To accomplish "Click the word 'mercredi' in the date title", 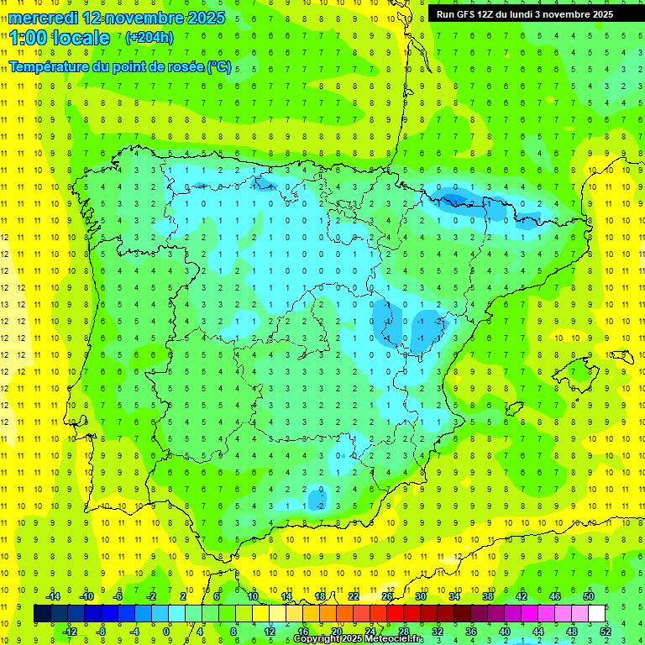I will [x=43, y=17].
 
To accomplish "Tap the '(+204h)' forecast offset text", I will [x=149, y=37].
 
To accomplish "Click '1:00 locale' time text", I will [x=60, y=38].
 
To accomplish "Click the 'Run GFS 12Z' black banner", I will [x=524, y=14].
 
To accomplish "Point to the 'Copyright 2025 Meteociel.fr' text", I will [x=358, y=639].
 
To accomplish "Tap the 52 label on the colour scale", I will [x=606, y=632].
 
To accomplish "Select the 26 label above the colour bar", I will [x=386, y=596].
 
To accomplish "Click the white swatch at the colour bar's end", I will [x=597, y=614].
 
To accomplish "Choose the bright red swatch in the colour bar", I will [x=395, y=614].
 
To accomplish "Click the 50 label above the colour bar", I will [x=589, y=596].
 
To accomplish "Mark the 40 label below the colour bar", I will [x=505, y=632].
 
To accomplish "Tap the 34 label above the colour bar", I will [x=454, y=596].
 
